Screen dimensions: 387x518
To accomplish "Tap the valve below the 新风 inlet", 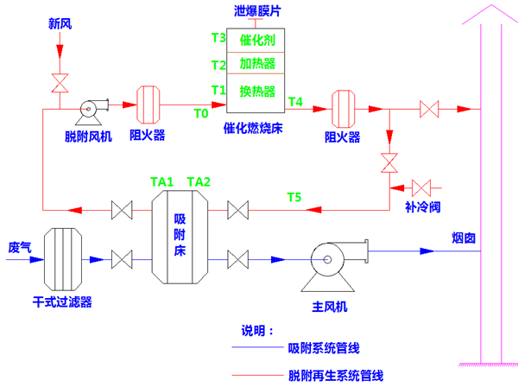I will click(x=60, y=84).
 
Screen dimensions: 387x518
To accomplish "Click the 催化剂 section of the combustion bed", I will click(x=257, y=40).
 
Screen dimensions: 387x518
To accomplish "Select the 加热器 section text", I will click(x=257, y=65).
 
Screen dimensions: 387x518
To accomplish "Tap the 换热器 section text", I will click(x=257, y=91).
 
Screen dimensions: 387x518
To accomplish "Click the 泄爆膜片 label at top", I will click(x=257, y=10).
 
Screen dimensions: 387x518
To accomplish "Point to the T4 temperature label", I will click(x=295, y=102).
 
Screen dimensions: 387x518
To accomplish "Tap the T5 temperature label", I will click(x=294, y=198).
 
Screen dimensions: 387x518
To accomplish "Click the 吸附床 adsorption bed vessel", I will click(x=180, y=235).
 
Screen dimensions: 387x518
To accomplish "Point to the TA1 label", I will click(x=162, y=182).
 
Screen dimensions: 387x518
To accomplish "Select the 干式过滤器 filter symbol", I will click(x=61, y=257).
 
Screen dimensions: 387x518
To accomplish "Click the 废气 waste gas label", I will click(x=20, y=247).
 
